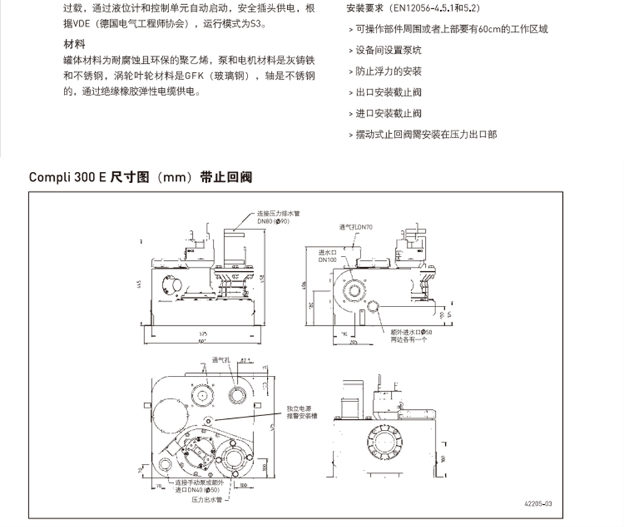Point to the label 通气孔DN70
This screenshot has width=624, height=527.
[x=355, y=227]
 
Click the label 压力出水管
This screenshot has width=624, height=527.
[x=207, y=499]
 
